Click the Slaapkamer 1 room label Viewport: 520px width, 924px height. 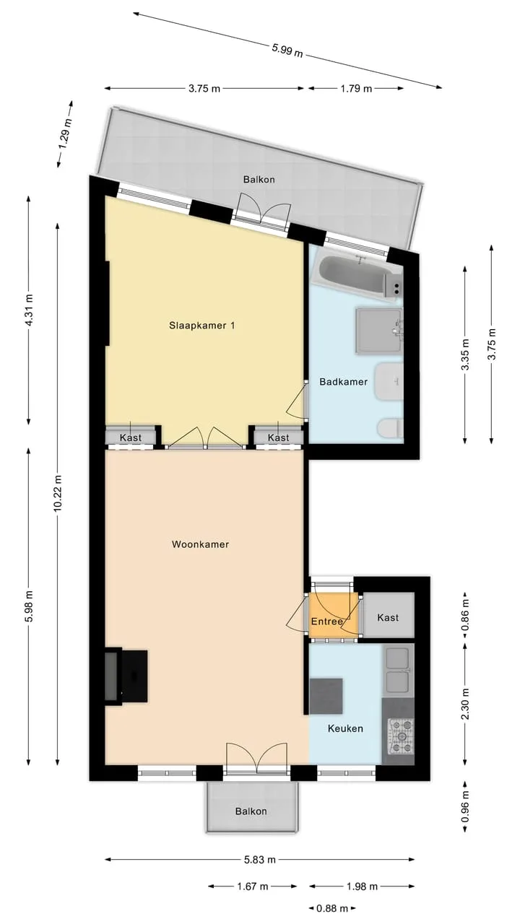pos(202,326)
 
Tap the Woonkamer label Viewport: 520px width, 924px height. pos(200,544)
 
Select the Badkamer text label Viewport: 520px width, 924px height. pos(343,382)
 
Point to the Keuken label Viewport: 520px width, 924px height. pos(345,728)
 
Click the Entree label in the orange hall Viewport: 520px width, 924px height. pos(326,622)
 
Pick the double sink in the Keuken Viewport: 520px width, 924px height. pos(398,669)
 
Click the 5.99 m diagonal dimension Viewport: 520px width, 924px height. pos(287,51)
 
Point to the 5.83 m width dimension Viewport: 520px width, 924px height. pos(259,856)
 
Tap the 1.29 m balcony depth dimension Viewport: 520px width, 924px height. pos(66,134)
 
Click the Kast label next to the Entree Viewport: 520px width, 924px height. pos(388,617)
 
